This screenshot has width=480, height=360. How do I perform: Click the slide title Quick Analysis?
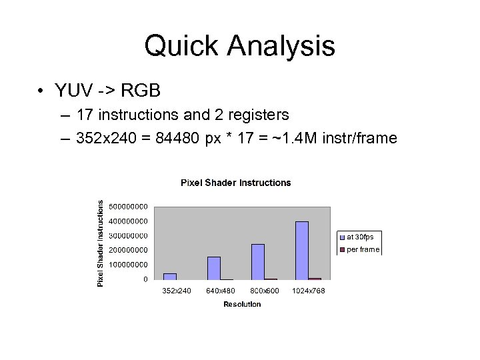pos(239,46)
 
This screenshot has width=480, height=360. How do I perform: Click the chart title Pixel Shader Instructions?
pos(236,183)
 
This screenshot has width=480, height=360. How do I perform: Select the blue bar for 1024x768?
pos(302,250)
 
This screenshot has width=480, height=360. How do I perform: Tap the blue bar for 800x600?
pos(258,261)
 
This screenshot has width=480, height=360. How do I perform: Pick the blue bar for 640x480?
pos(214,268)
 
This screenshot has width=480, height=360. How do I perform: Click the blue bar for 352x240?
pos(170,276)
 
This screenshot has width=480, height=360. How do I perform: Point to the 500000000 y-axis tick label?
pos(129,207)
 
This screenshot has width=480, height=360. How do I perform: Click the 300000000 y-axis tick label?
pos(129,235)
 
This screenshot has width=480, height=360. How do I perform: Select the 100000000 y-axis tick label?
pos(129,265)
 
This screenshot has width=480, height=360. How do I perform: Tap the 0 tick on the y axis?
pos(145,279)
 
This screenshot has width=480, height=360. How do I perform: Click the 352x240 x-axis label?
pos(177,291)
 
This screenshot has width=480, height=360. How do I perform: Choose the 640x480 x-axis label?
pos(220,291)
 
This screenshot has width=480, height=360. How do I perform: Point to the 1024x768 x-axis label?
pos(308,291)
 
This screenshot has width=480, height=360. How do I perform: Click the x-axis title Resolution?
pos(242,304)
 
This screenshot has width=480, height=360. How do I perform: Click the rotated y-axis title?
pos(101,243)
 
